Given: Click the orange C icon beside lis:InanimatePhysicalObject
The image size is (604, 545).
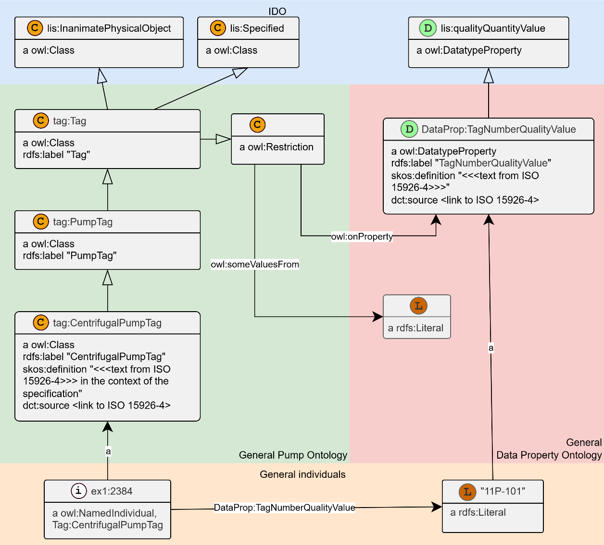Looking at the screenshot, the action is (35, 28).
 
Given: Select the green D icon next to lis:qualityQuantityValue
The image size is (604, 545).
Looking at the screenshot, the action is (428, 28).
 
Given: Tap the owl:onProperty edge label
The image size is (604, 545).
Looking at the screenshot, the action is (362, 236).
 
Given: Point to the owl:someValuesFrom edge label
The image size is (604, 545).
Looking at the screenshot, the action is (255, 265).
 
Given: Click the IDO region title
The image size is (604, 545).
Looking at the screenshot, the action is (277, 12).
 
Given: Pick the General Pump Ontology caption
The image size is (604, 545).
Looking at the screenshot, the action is (293, 455).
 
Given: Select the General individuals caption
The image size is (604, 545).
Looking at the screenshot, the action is (302, 474).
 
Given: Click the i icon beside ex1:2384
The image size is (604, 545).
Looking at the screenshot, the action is (78, 491).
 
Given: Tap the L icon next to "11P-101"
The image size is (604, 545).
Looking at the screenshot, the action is (467, 492).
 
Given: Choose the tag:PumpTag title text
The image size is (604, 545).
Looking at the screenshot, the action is (83, 222).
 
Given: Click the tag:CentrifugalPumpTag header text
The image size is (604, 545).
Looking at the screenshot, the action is (107, 323).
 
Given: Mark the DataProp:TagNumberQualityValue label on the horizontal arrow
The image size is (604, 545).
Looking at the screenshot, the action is (284, 508).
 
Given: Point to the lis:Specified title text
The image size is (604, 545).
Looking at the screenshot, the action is (257, 28).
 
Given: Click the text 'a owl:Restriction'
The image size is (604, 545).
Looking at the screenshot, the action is (277, 147).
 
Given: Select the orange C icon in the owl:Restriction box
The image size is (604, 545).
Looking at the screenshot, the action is (257, 124).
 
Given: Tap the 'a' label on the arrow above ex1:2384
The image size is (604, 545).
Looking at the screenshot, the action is (108, 451).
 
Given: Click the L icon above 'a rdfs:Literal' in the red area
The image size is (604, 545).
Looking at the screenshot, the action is (418, 306).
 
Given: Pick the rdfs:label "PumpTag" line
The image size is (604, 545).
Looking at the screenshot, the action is (70, 255).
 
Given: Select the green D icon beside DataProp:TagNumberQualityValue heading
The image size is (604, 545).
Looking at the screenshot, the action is (409, 129).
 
